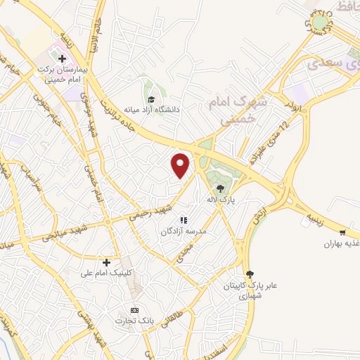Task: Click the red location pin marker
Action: click(x=181, y=165)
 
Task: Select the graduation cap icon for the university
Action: click(x=150, y=99)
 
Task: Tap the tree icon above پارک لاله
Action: click(x=221, y=188)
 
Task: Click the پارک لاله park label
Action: click(x=220, y=200)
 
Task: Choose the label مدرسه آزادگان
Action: click(x=184, y=231)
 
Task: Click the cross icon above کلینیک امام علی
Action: click(x=106, y=262)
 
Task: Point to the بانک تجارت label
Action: click(x=135, y=321)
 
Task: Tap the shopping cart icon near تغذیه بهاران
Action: click(x=342, y=233)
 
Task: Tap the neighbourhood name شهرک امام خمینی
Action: click(x=237, y=111)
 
